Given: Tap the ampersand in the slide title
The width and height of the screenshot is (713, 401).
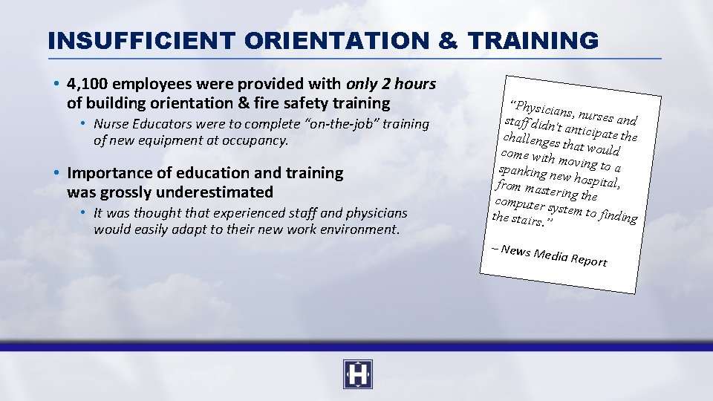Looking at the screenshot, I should pos(448,40).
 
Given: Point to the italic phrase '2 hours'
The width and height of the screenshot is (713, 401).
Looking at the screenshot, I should pos(408,84).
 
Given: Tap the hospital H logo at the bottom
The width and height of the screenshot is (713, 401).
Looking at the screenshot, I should pos(357,374).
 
